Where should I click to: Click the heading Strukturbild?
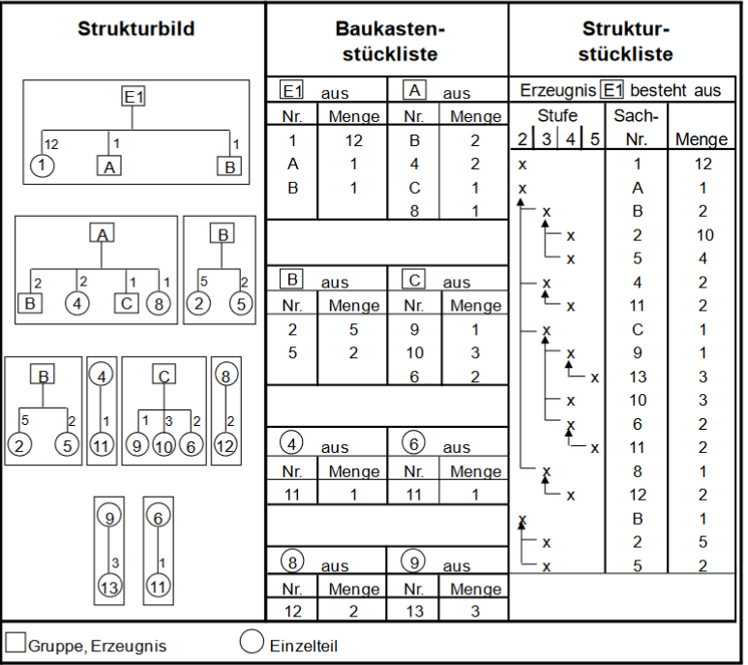click(x=135, y=29)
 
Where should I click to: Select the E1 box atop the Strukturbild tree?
click(x=134, y=97)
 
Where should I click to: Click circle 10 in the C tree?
click(x=164, y=446)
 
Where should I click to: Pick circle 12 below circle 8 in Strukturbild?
click(x=224, y=446)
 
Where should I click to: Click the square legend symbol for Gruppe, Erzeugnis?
click(x=15, y=643)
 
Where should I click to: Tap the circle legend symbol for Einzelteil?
click(x=251, y=643)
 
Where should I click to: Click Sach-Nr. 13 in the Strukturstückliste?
click(x=637, y=377)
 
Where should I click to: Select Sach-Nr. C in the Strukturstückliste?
click(x=637, y=330)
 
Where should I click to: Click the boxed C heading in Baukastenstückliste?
click(x=413, y=281)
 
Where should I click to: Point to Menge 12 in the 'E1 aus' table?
click(x=354, y=141)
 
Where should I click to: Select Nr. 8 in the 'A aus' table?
click(x=413, y=211)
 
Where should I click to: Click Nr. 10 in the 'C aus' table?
click(x=413, y=352)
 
